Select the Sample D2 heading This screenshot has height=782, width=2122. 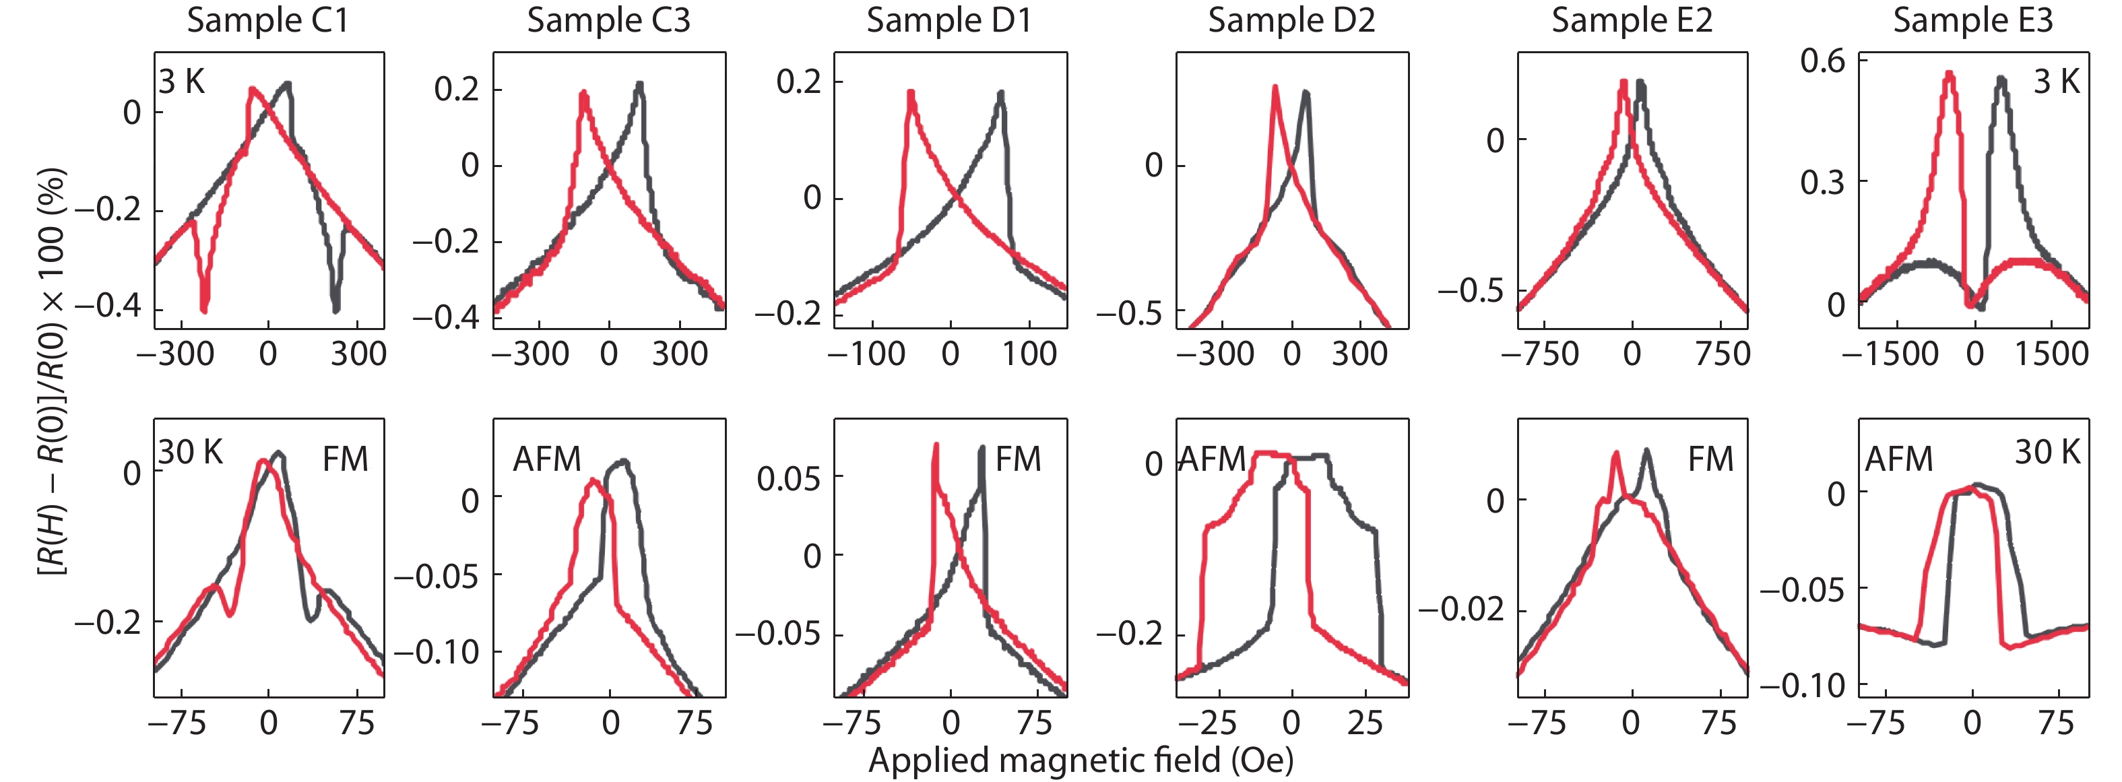(1291, 21)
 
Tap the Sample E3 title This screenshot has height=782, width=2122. (1973, 21)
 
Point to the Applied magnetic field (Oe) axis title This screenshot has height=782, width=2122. (1081, 760)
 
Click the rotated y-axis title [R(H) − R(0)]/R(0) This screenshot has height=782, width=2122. (51, 371)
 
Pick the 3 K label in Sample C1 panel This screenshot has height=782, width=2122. (181, 82)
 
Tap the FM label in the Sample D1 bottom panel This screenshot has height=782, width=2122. (1018, 459)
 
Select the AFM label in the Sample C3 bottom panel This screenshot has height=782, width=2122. (547, 459)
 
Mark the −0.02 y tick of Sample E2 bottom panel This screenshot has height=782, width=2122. (1460, 610)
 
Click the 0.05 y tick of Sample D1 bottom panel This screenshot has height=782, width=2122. (788, 478)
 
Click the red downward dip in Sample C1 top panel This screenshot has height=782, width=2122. (204, 306)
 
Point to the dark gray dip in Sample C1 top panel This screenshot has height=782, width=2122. (335, 306)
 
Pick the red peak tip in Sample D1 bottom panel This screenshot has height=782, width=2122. (936, 446)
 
